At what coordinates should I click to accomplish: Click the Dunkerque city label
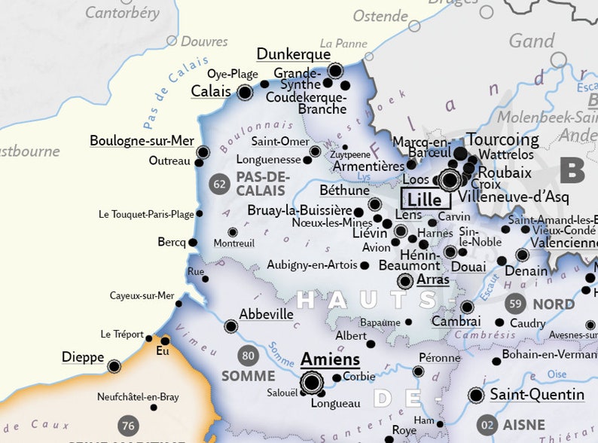click(x=294, y=54)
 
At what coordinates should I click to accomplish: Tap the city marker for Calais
click(x=244, y=93)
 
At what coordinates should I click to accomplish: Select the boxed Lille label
click(x=426, y=199)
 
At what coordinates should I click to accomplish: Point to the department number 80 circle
click(x=248, y=354)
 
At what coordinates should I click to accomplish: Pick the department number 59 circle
click(x=515, y=304)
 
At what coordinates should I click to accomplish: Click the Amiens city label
click(x=330, y=359)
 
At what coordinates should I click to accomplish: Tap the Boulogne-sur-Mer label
click(x=142, y=141)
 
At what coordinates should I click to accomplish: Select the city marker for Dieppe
click(x=114, y=366)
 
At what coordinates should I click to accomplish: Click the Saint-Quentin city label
click(x=537, y=395)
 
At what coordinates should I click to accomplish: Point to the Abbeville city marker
click(x=230, y=326)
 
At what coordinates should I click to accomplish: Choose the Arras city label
click(x=433, y=280)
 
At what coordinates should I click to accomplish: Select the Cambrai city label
click(x=456, y=321)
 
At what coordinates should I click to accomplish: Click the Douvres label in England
click(x=204, y=41)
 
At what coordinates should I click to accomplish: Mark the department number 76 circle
click(x=128, y=425)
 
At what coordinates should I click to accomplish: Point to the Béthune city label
click(x=344, y=190)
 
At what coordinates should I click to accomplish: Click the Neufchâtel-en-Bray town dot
click(x=154, y=408)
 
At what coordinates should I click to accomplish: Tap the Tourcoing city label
click(x=502, y=139)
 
